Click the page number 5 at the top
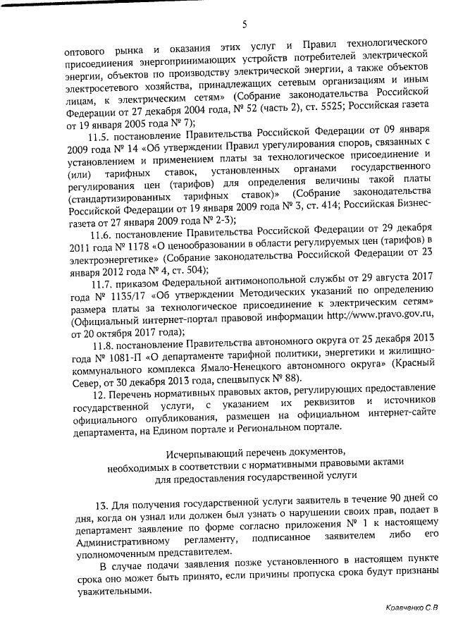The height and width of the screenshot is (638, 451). coord(244,25)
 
